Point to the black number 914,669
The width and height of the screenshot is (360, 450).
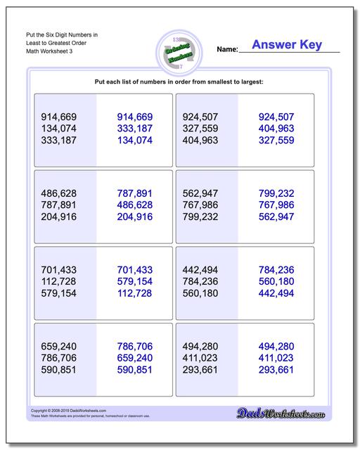pos(60,117)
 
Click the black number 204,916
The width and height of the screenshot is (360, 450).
pos(60,217)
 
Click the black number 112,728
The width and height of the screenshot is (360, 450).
pos(60,282)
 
